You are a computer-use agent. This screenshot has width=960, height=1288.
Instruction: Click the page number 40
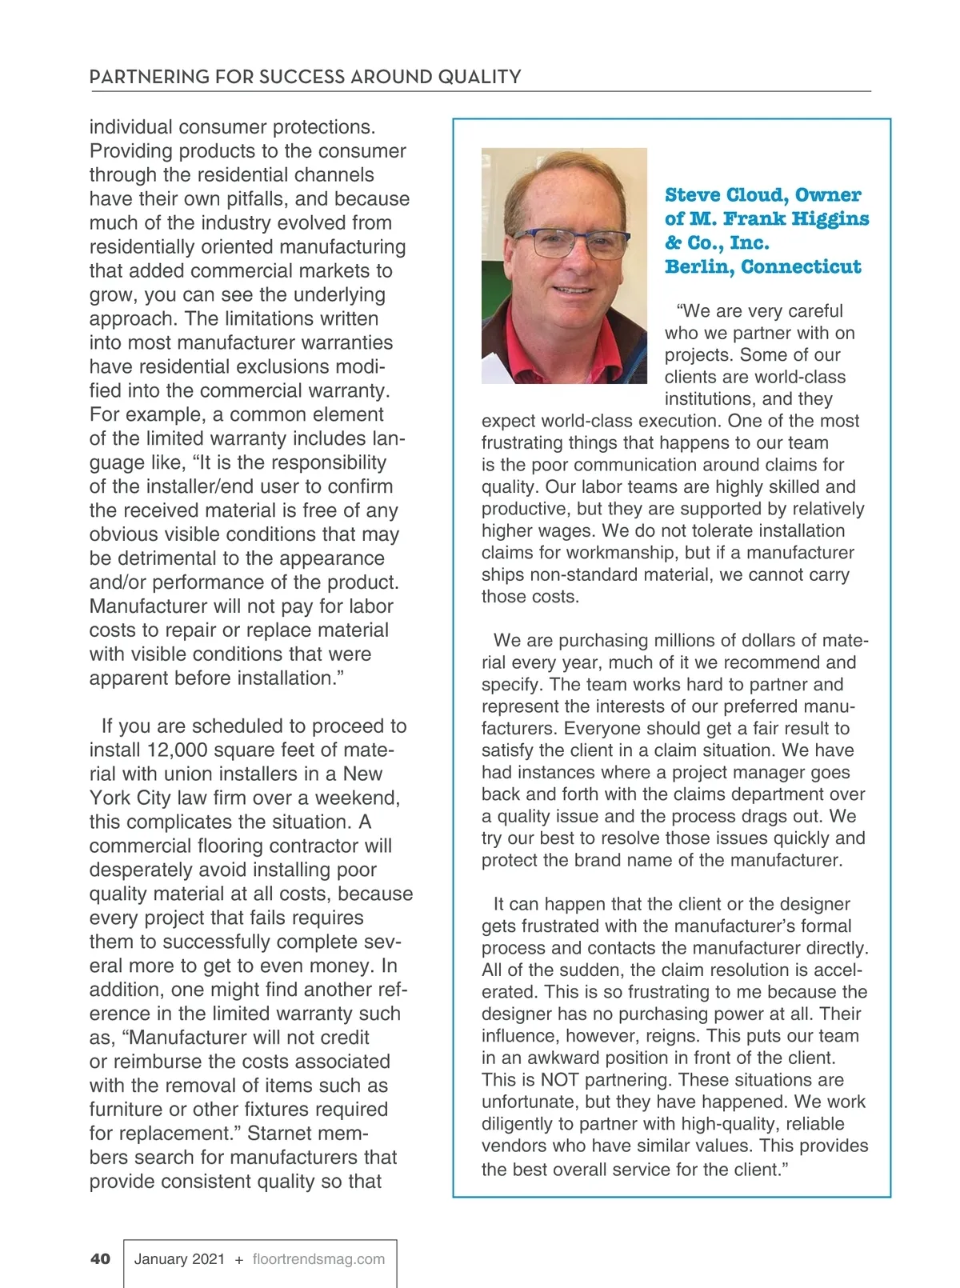pyautogui.click(x=100, y=1258)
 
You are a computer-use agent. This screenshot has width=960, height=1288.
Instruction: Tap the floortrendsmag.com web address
pyautogui.click(x=318, y=1258)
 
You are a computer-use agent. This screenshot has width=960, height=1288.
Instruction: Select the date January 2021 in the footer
pyautogui.click(x=179, y=1258)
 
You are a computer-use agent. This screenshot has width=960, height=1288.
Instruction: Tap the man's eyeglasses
pyautogui.click(x=570, y=242)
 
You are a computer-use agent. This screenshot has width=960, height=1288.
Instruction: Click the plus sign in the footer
pyautogui.click(x=239, y=1259)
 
